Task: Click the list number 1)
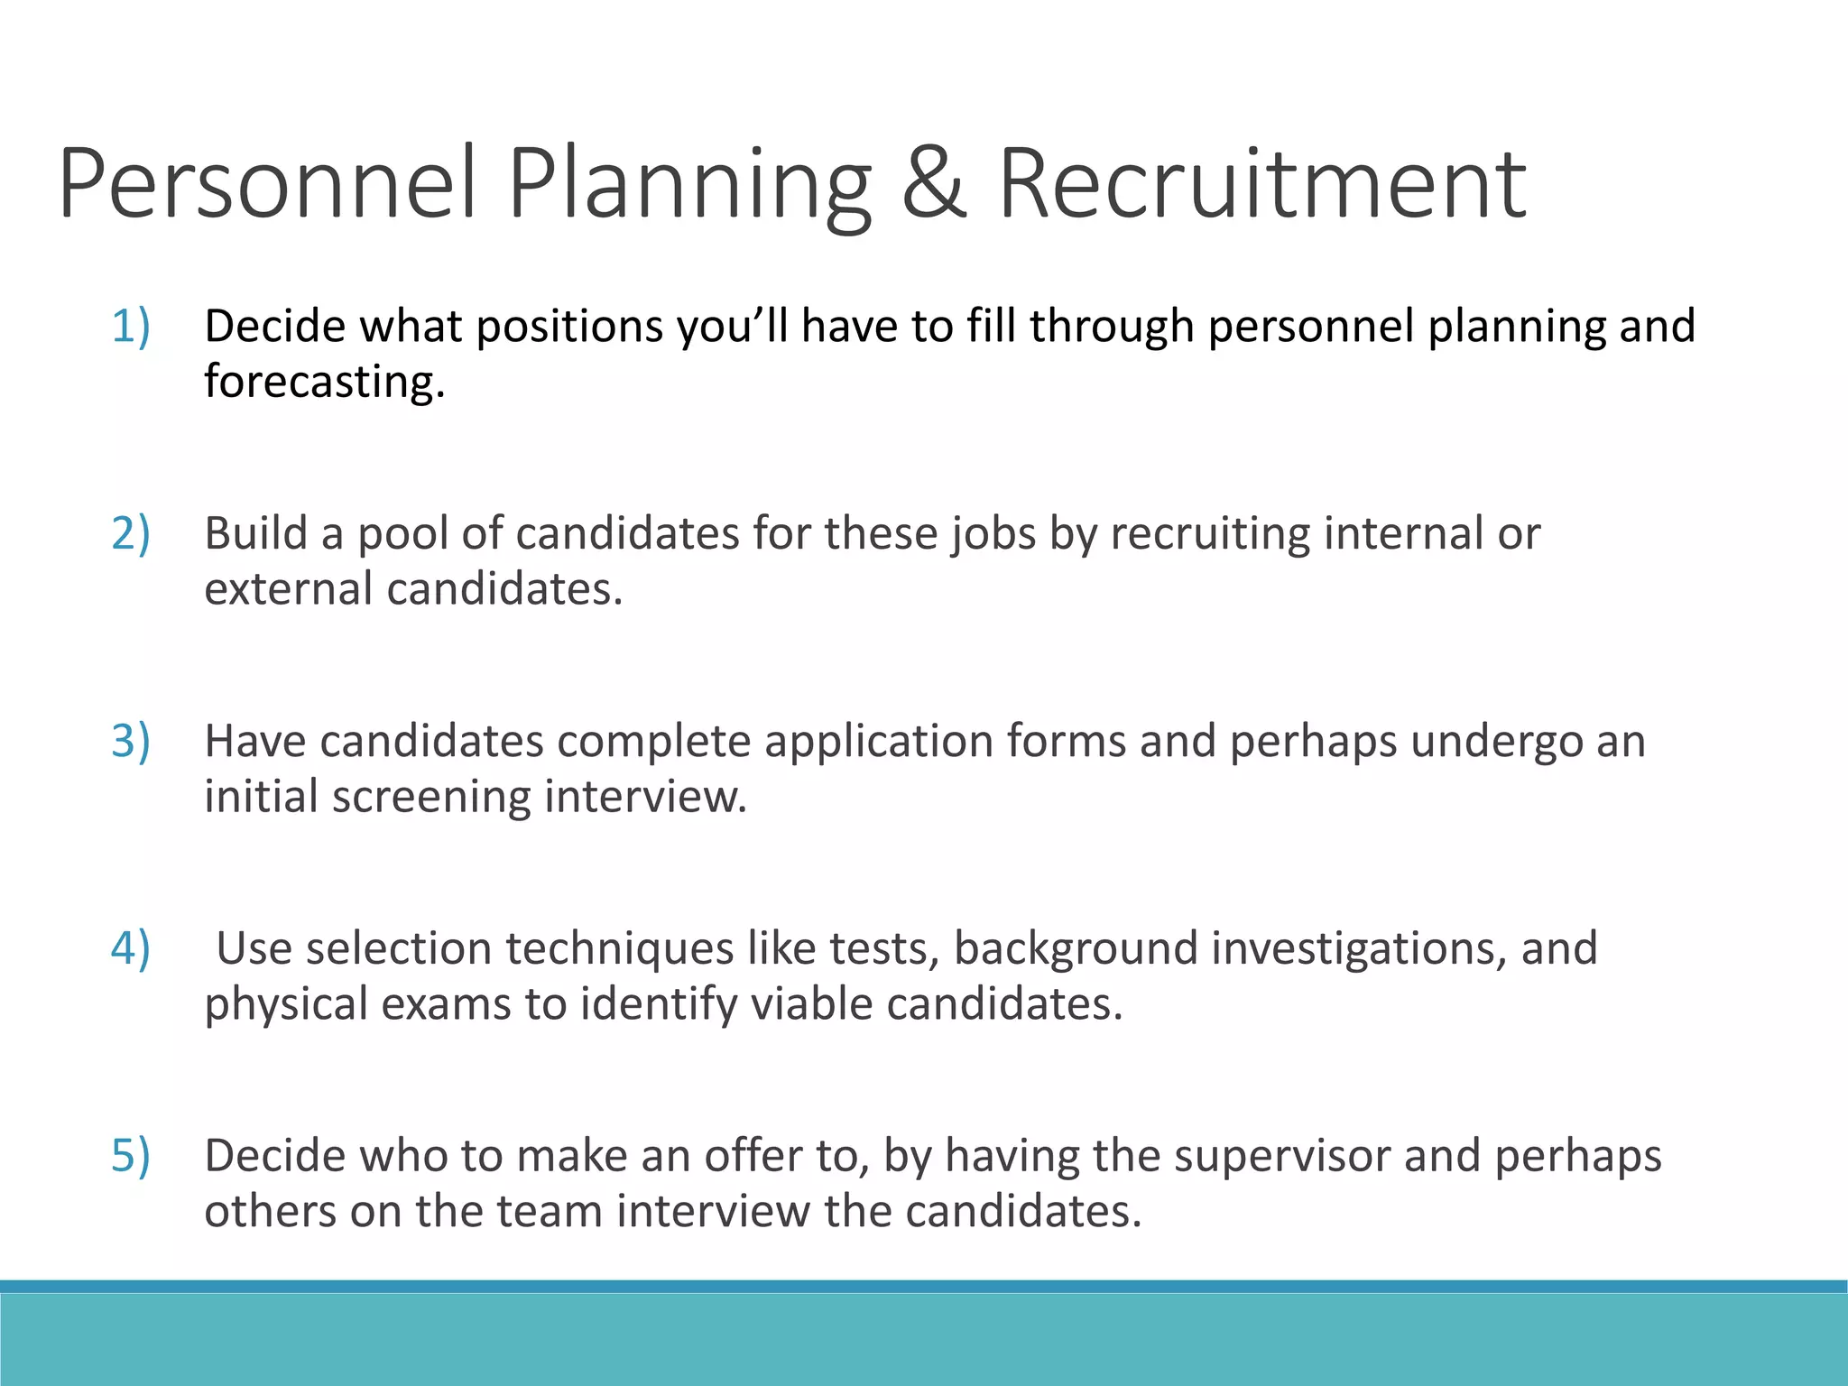tap(131, 326)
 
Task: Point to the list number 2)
tap(131, 533)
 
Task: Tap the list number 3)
tap(131, 741)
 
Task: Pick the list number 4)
tap(131, 948)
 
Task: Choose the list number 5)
tap(131, 1156)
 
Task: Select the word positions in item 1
tap(569, 327)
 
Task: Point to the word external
tap(289, 589)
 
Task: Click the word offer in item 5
tap(753, 1157)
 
